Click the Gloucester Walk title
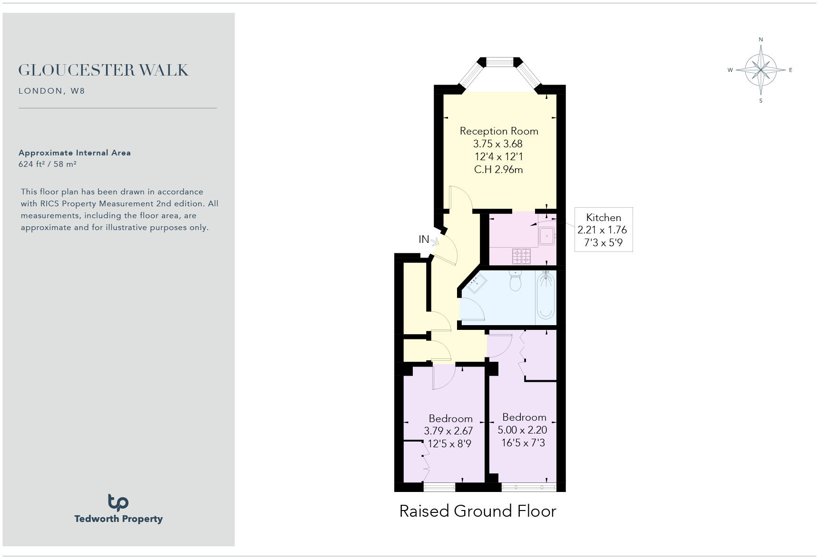(103, 70)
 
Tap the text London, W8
(52, 91)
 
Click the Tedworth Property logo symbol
(118, 502)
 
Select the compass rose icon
(761, 70)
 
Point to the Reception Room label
(499, 131)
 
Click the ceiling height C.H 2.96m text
(498, 170)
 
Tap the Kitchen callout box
(604, 230)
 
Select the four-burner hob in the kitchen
(522, 256)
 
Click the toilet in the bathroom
(516, 280)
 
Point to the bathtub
(545, 295)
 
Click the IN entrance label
(424, 240)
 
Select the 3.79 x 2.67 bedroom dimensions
(448, 431)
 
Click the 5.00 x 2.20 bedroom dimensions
(522, 430)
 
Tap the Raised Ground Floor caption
(477, 511)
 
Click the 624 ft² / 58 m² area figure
(48, 164)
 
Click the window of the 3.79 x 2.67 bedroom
(439, 487)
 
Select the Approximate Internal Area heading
(75, 153)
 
